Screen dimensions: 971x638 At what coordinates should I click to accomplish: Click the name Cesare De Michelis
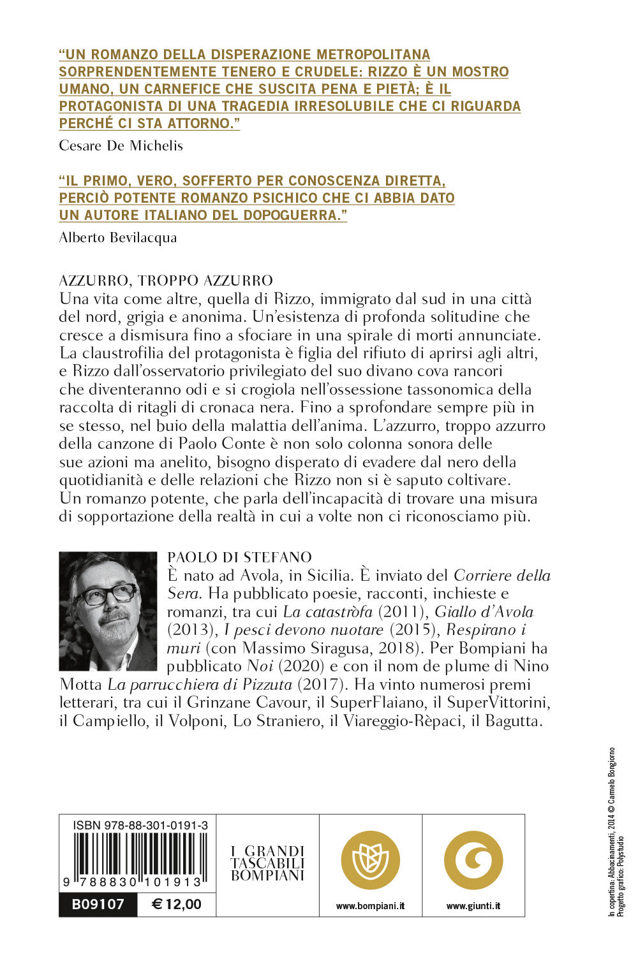(x=121, y=146)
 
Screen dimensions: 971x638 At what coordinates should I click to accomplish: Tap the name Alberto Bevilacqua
(x=117, y=238)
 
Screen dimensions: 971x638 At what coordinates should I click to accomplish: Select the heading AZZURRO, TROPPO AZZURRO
(x=166, y=281)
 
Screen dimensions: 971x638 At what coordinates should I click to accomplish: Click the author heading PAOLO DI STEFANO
(x=239, y=558)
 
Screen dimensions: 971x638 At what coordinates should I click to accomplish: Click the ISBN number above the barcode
(x=140, y=826)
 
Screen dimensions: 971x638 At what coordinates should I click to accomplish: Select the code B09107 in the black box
(x=98, y=904)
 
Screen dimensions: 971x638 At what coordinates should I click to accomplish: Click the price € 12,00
(x=177, y=904)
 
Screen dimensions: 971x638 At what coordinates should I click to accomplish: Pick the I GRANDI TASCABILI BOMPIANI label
(x=267, y=863)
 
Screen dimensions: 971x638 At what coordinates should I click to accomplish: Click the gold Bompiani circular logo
(x=370, y=860)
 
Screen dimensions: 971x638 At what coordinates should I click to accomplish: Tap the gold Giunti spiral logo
(x=473, y=860)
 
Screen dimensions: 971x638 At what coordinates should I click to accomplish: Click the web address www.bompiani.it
(x=370, y=905)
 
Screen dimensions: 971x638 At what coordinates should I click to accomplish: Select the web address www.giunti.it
(x=473, y=905)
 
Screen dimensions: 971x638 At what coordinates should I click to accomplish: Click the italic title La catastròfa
(x=327, y=612)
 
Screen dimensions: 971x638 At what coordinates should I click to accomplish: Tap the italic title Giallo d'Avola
(x=484, y=612)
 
